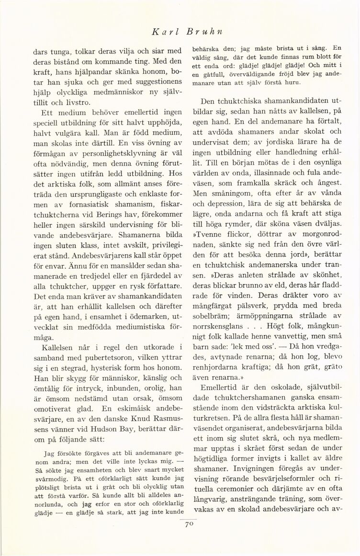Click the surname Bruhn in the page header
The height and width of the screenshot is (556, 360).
[209, 32]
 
